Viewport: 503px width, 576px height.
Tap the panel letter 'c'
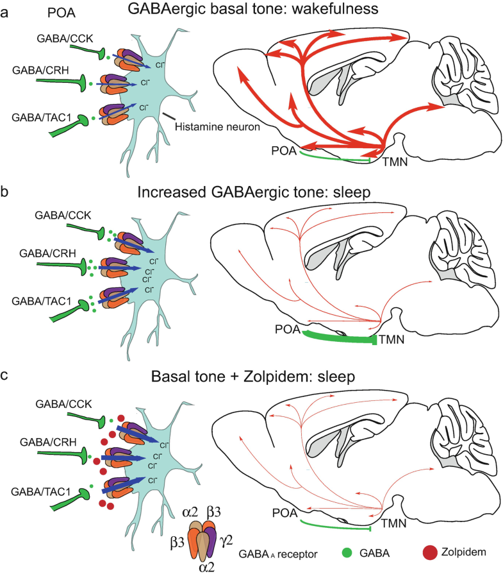[5, 376]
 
